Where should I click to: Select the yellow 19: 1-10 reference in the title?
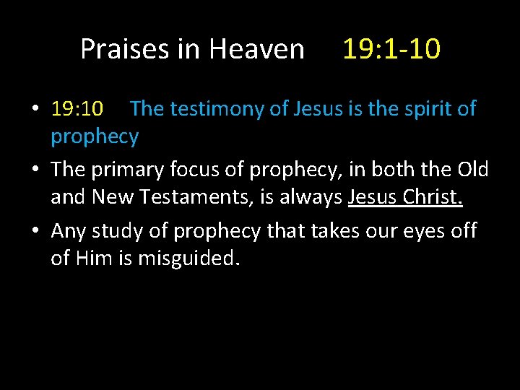coord(391,49)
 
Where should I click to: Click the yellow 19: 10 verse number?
coord(77,109)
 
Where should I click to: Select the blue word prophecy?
coord(95,136)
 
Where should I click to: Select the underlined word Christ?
coord(431,197)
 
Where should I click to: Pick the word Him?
coord(100,258)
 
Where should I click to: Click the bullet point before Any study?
coord(35,230)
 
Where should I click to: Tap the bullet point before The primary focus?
coord(35,170)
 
